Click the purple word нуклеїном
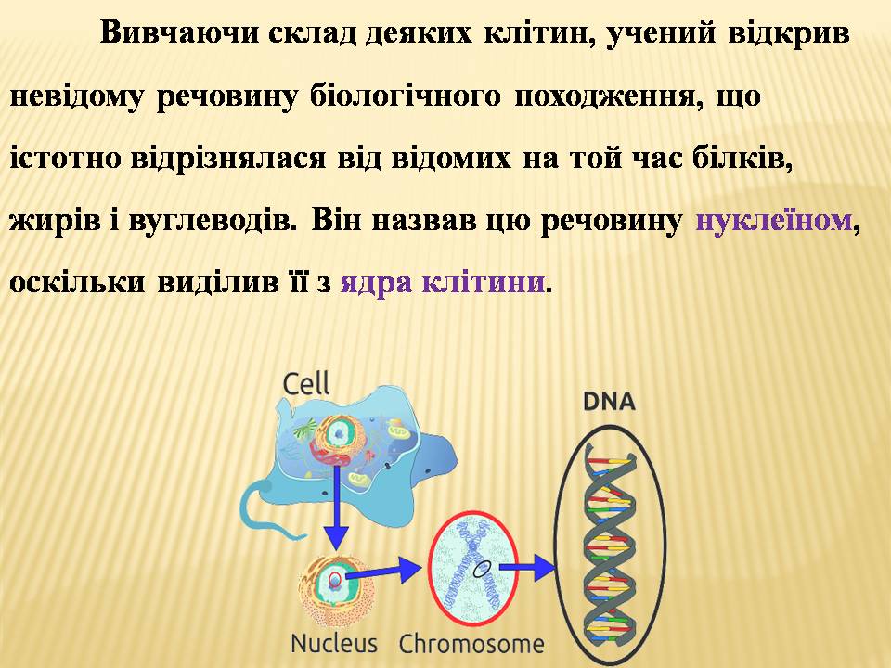coord(774,221)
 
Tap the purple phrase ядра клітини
coord(443,282)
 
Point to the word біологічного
coord(406,96)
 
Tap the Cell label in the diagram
coord(305,383)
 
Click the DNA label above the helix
coord(609,402)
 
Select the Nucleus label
coord(333,644)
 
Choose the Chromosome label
coord(471,644)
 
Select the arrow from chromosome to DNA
coord(527,567)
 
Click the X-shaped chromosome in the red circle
coord(472,569)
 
